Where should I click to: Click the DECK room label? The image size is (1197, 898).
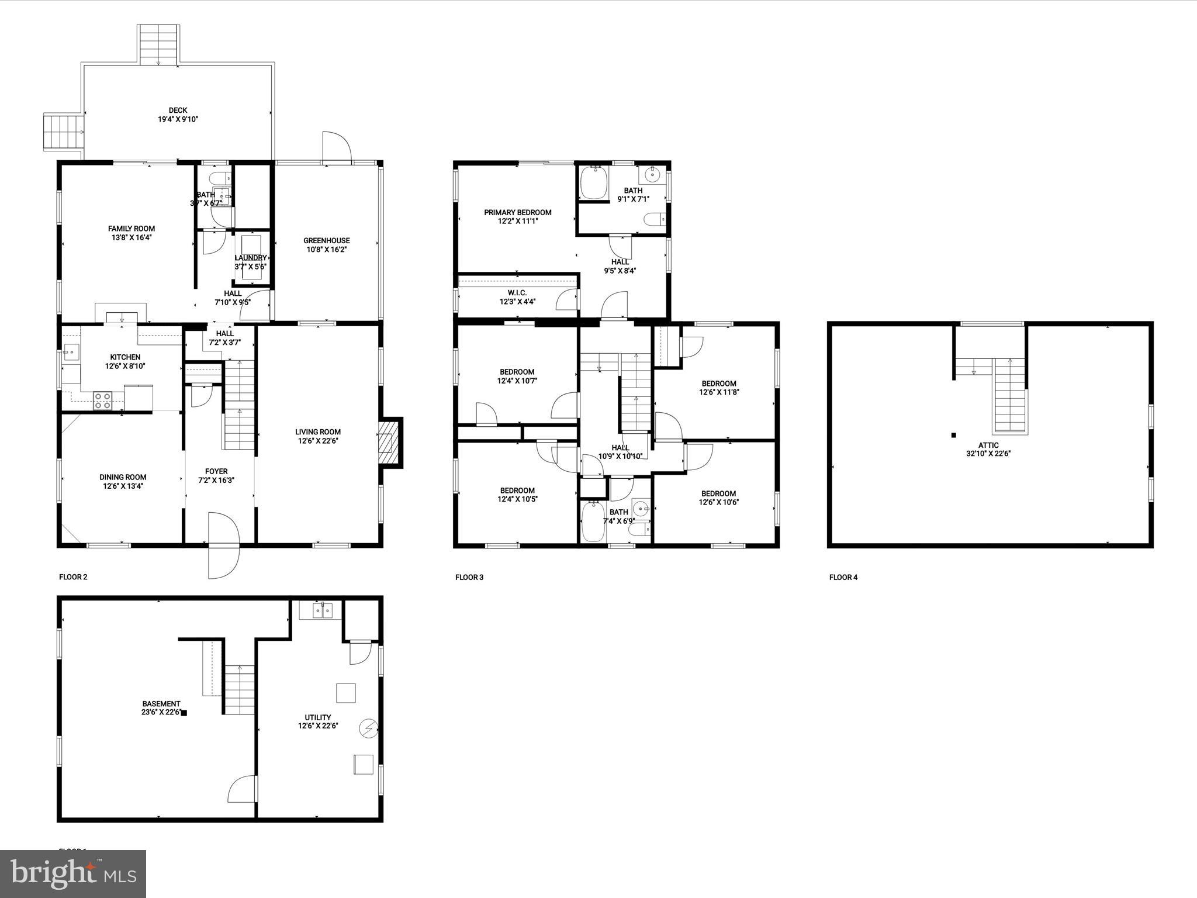[178, 110]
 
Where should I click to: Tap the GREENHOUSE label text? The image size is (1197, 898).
[326, 241]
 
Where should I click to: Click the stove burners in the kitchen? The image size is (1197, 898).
[103, 400]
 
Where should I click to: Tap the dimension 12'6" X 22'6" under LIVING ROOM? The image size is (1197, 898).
[318, 441]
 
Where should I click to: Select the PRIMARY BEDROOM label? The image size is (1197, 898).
[517, 213]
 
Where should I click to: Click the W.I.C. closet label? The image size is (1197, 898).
[517, 293]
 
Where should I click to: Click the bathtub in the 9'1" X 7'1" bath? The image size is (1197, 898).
[593, 182]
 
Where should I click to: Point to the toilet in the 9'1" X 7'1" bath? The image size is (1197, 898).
[655, 219]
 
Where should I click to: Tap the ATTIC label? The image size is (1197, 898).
[988, 445]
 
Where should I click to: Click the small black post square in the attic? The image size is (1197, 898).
[954, 435]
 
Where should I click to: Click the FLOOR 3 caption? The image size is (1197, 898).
[469, 578]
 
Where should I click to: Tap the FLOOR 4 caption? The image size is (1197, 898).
[843, 578]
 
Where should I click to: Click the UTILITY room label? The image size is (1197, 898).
[318, 717]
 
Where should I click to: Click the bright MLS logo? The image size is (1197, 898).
[73, 874]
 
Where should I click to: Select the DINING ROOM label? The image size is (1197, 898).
[123, 477]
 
